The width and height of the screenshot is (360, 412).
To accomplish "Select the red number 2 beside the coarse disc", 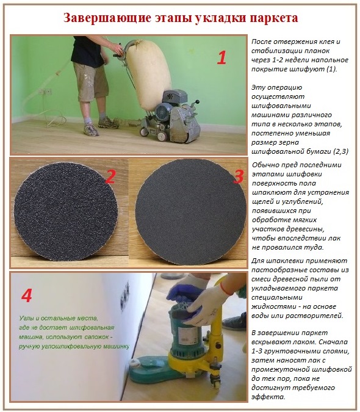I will pyautogui.click(x=110, y=177).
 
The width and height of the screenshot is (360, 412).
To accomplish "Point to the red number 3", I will pyautogui.click(x=238, y=177).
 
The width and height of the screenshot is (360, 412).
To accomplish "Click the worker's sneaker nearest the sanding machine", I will pyautogui.click(x=109, y=124).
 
